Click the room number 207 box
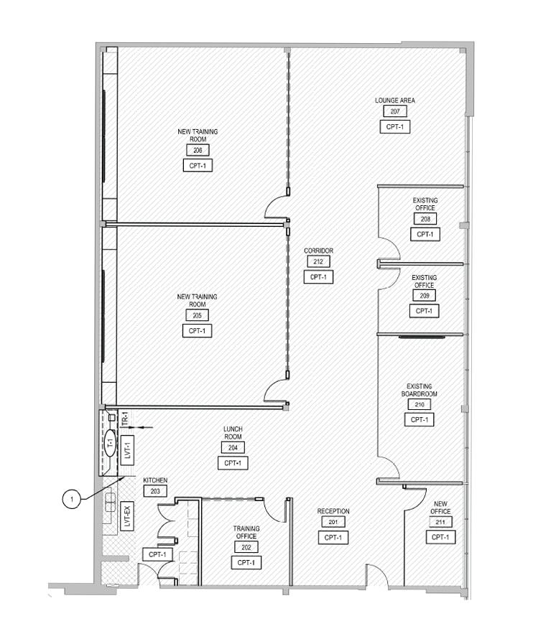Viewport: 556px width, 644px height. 394,111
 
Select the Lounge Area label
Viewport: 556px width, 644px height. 394,101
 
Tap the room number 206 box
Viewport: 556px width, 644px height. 198,150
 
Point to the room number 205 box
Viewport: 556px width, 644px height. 197,315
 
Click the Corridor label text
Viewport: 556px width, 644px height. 318,251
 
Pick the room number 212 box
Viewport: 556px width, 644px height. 318,262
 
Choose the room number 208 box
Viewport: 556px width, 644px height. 425,219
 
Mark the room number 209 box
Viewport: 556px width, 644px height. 424,296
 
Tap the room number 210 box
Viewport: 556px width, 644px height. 419,405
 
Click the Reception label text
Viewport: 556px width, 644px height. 333,511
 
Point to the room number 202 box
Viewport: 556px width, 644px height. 246,547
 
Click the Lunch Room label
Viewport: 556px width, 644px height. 233,433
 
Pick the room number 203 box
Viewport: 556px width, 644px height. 155,491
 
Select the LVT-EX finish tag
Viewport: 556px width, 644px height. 127,515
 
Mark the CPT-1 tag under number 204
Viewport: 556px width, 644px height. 233,463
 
